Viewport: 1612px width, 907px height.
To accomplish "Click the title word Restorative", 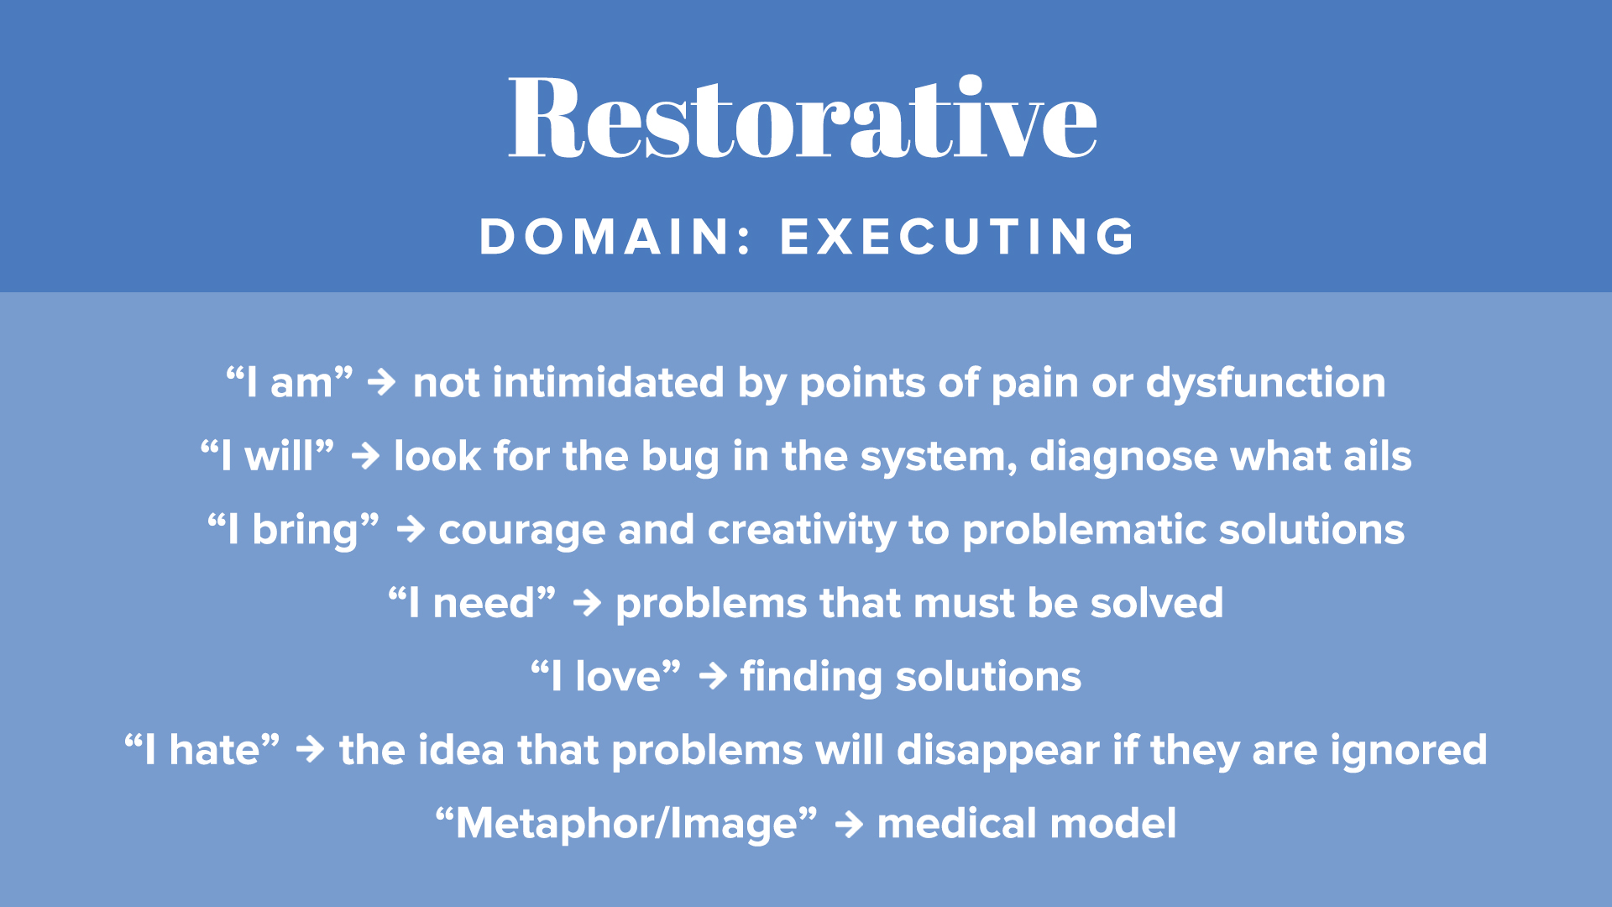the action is point(803,117).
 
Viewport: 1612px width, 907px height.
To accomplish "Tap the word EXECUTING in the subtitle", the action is point(957,236).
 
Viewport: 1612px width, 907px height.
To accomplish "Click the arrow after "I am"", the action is point(382,383).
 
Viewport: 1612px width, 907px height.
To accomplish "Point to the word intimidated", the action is point(608,383).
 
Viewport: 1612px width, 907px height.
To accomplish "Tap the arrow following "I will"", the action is point(365,457).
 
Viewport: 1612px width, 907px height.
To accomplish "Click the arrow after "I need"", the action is point(587,603).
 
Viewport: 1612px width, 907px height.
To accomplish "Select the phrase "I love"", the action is point(605,676).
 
